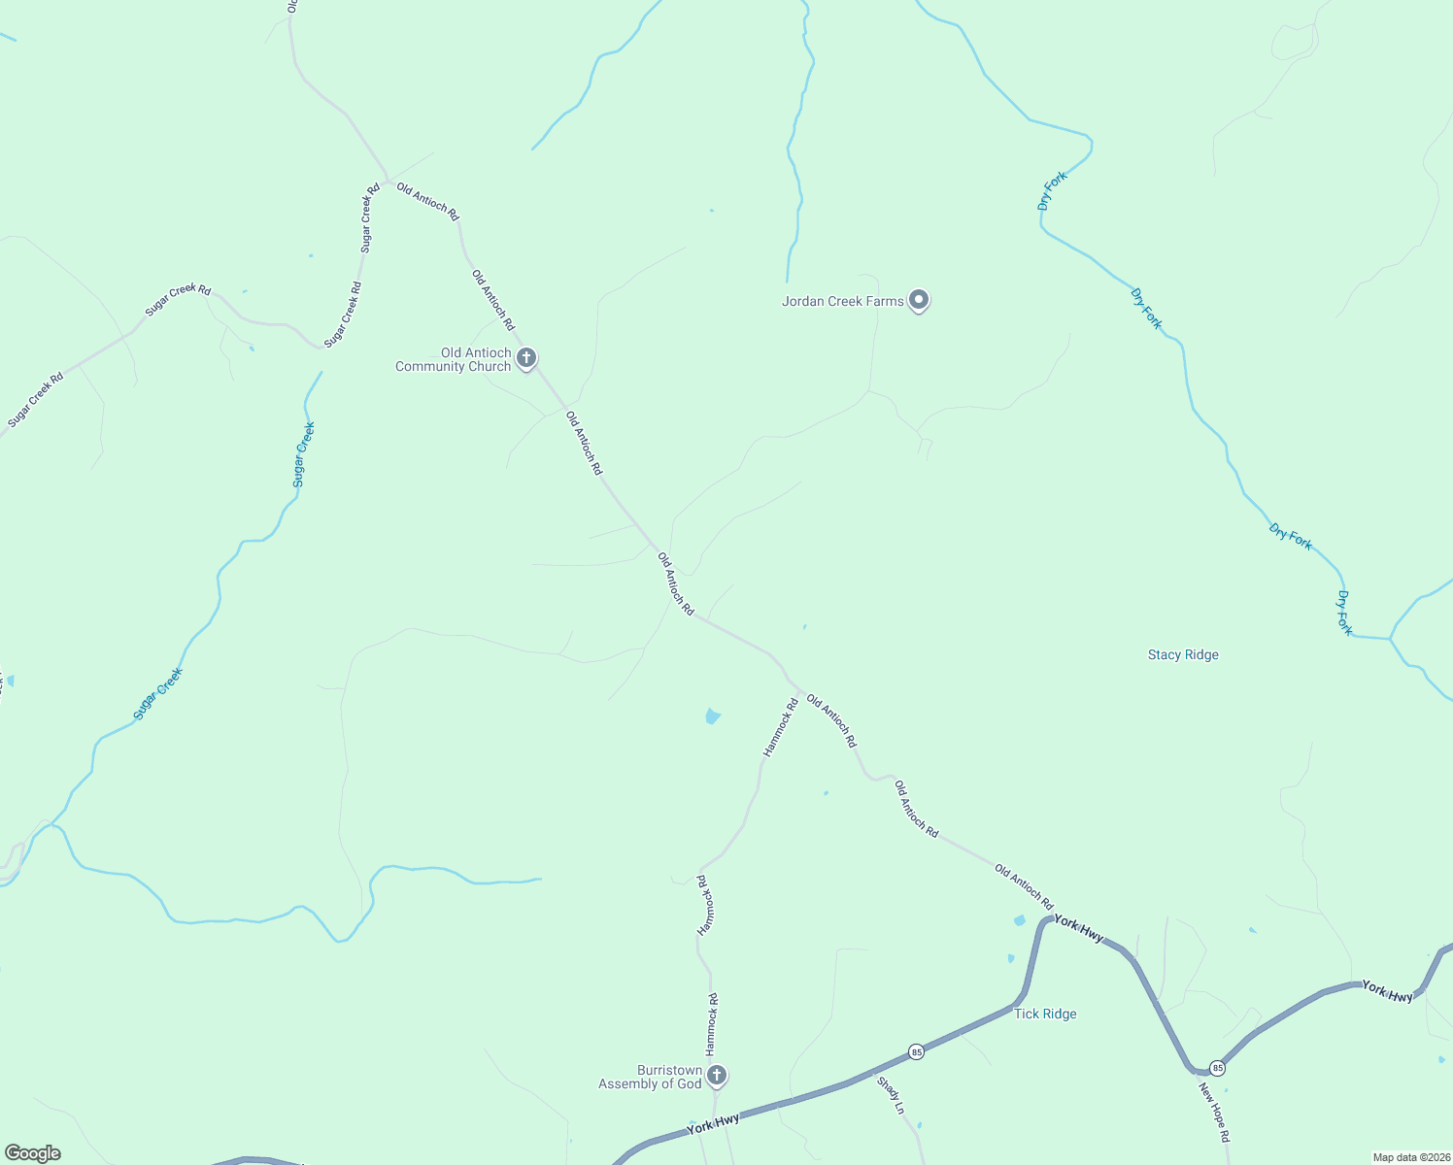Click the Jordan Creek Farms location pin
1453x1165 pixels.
[919, 300]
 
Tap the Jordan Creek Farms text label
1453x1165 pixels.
[842, 301]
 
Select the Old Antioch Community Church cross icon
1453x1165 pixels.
[526, 358]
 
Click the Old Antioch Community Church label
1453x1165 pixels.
[454, 359]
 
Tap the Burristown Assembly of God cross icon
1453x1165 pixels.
[717, 1075]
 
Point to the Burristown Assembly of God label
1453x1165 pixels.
[650, 1077]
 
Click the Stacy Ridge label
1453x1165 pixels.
[1183, 655]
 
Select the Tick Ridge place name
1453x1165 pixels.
[1045, 1014]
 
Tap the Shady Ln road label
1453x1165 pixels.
[891, 1095]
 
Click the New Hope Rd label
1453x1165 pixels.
[1214, 1113]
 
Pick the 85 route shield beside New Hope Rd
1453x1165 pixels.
[1218, 1068]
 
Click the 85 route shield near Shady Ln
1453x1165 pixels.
[916, 1051]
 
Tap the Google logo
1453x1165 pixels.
[33, 1153]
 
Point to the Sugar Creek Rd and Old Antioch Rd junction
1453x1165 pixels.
[386, 181]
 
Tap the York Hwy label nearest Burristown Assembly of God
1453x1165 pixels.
[713, 1124]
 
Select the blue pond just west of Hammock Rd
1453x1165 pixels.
[712, 716]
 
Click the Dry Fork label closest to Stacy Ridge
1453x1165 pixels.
[1344, 613]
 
